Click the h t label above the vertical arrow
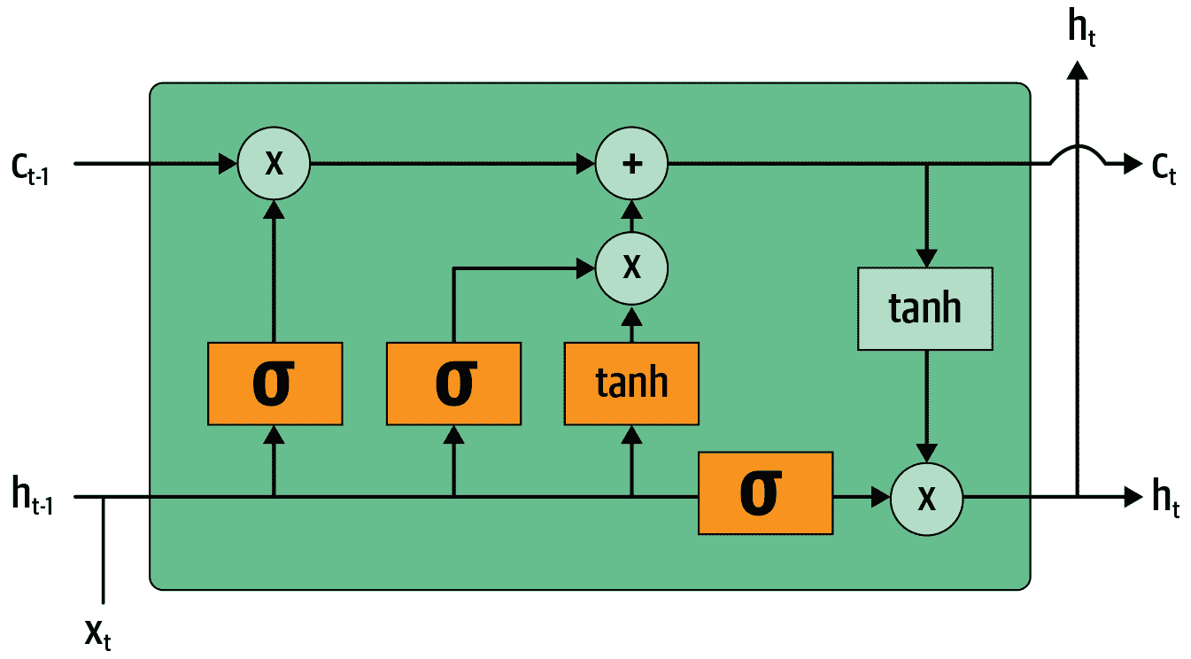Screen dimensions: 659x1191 point(1081,30)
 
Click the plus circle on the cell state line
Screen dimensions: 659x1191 point(631,164)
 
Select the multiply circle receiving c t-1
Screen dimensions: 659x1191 point(275,164)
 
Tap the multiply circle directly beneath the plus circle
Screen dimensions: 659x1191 point(631,267)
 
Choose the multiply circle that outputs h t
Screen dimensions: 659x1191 point(926,498)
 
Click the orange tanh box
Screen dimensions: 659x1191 point(631,383)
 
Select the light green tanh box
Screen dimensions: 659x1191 point(924,308)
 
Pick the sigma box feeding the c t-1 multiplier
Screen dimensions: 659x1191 point(275,383)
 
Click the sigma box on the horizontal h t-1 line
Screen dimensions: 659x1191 point(765,493)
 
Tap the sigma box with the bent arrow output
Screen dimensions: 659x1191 point(453,383)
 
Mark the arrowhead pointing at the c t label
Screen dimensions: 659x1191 point(1132,164)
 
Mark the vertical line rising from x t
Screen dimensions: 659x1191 point(104,549)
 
